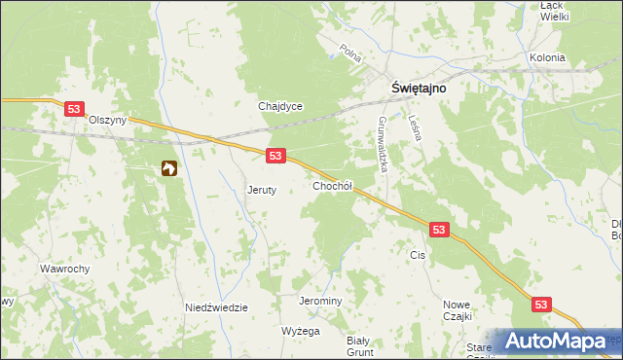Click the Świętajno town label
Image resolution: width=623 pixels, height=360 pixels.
420,86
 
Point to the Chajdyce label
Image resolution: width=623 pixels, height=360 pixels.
280,106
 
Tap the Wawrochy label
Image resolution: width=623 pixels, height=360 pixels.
65,268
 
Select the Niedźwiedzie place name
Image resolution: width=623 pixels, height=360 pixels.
216,307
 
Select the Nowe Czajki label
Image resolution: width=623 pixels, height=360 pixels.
457,310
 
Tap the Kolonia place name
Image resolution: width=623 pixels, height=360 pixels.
547,57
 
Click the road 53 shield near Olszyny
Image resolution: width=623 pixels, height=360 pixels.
74,110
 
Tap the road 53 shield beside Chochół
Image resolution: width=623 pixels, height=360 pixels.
275,156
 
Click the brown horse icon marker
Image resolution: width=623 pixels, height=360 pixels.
169,169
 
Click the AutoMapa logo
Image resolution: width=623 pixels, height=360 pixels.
555,342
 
